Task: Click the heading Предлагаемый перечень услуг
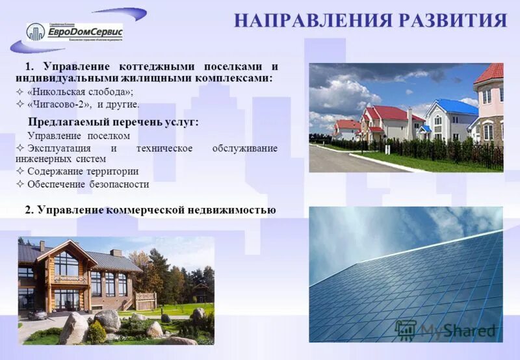pos(113,122)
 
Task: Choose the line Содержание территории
pos(83,172)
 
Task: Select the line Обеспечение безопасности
pos(88,184)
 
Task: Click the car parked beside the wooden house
pos(36,314)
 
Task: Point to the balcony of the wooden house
pos(70,279)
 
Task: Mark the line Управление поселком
pos(79,135)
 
